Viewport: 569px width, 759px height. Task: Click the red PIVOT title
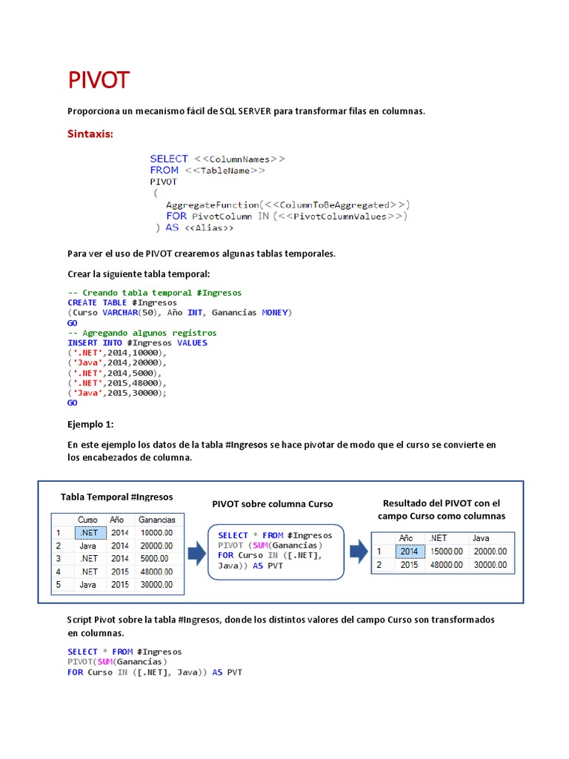pyautogui.click(x=99, y=80)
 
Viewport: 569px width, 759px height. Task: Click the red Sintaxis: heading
pyautogui.click(x=90, y=134)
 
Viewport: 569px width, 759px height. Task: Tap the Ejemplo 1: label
pyautogui.click(x=91, y=425)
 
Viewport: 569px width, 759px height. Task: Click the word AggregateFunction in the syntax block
pyautogui.click(x=213, y=205)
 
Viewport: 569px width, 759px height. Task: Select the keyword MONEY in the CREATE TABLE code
pyautogui.click(x=276, y=313)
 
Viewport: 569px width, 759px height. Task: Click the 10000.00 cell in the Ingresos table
pyautogui.click(x=156, y=533)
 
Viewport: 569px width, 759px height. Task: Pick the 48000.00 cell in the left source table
pyautogui.click(x=156, y=571)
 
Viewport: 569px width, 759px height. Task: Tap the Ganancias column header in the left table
pyautogui.click(x=157, y=520)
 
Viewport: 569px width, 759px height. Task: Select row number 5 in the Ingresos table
pyautogui.click(x=58, y=585)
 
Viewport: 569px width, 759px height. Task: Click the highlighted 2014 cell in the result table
pyautogui.click(x=409, y=551)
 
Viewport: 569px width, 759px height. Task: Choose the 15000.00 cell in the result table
pyautogui.click(x=447, y=551)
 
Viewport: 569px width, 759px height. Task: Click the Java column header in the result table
pyautogui.click(x=481, y=538)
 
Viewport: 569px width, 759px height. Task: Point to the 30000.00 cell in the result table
pyautogui.click(x=490, y=565)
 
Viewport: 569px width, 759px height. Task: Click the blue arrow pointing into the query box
pyautogui.click(x=196, y=552)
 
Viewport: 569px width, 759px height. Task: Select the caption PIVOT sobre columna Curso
pyautogui.click(x=272, y=504)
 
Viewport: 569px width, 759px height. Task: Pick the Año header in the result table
pyautogui.click(x=406, y=538)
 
